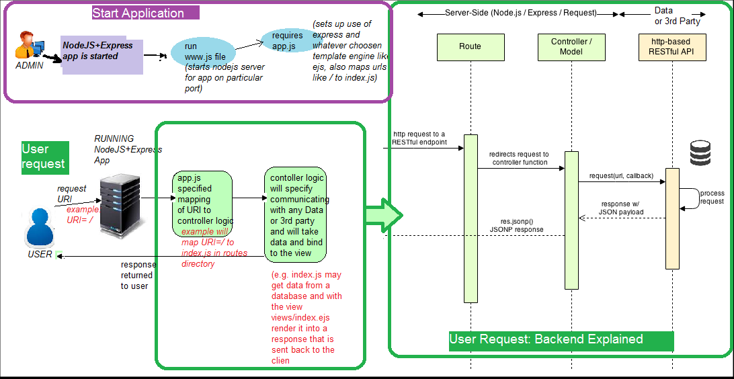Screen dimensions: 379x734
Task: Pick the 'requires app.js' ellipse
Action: (x=288, y=40)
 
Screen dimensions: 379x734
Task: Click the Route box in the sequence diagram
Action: (x=470, y=46)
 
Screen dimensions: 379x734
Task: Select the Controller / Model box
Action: (x=571, y=46)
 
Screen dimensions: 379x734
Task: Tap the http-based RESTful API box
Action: (x=671, y=46)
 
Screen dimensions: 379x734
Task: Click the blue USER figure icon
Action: (x=39, y=228)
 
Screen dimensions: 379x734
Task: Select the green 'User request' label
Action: (x=44, y=157)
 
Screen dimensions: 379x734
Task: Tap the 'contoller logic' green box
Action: (x=296, y=215)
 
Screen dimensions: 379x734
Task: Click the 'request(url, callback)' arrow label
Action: (x=620, y=176)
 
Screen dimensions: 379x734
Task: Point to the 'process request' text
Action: (x=712, y=197)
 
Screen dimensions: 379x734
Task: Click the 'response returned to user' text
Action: (x=137, y=275)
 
